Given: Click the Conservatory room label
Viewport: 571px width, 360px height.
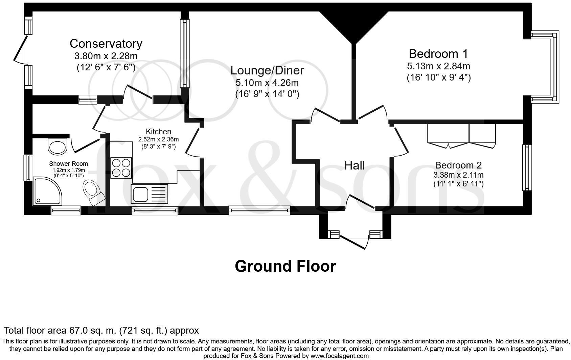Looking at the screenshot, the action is pos(106,44).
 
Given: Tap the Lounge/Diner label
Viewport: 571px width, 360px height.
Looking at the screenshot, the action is pos(267,70).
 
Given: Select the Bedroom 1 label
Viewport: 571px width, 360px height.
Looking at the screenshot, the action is pos(438,54).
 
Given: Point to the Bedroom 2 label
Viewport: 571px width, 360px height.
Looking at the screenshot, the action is pos(458,165).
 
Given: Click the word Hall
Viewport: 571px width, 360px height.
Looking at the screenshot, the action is pos(354,165).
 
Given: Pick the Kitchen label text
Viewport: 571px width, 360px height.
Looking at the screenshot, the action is pos(158,132).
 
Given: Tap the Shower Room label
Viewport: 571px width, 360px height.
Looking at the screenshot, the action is pos(68,164).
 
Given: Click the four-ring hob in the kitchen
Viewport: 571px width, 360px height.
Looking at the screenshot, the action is pos(121,168).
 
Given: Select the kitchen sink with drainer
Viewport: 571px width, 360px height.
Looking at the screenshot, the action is pos(150,194).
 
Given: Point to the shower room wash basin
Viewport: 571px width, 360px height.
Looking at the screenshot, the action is pos(58,147).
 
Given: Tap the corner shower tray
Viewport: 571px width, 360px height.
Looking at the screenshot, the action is pos(47,191).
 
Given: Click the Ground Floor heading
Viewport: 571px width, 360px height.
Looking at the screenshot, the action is pos(285,266).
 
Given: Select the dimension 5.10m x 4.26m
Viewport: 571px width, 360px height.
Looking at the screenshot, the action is pos(267,83).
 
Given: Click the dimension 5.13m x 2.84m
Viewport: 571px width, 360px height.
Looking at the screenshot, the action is pos(438,66).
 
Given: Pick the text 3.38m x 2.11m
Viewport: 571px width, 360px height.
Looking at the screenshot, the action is pos(458,175).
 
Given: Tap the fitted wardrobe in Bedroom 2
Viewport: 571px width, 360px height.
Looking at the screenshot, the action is pos(461,136).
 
